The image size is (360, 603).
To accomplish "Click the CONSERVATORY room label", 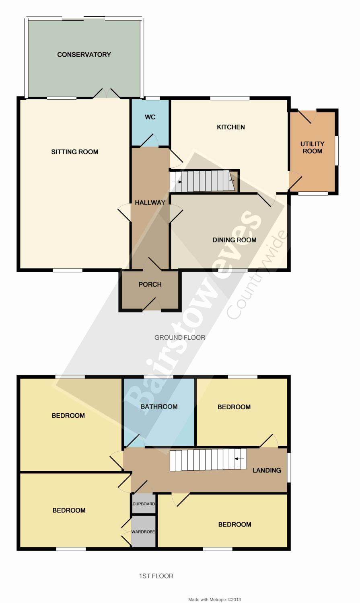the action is [84, 55].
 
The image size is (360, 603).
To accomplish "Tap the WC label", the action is [150, 117].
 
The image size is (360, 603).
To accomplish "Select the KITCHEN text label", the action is [231, 127].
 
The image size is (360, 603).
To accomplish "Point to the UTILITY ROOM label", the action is [313, 148].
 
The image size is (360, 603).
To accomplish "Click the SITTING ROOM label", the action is [74, 152].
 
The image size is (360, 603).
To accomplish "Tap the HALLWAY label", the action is [150, 203].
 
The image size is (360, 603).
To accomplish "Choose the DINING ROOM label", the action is [234, 240].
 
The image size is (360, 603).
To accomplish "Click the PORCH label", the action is [150, 284].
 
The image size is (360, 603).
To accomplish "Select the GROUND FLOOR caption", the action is [179, 338].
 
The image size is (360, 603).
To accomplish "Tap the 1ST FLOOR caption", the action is [156, 576].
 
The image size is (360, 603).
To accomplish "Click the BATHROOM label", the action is [159, 406].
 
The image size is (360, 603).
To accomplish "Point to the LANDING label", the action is [267, 470].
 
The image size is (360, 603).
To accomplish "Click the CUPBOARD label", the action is [144, 504].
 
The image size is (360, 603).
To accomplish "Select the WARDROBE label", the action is [143, 532].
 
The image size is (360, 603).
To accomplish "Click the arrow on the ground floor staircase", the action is [177, 182].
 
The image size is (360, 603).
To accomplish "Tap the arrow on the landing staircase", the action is [239, 459].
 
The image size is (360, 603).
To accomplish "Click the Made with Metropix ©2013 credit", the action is [215, 599].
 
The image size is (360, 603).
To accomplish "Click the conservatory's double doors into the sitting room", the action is [107, 93].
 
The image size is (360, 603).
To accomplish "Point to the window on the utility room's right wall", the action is [337, 150].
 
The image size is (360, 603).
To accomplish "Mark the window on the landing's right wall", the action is [289, 468].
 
